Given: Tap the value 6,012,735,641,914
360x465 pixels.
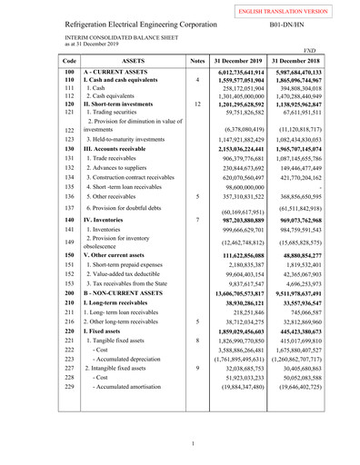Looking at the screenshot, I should tap(246, 71).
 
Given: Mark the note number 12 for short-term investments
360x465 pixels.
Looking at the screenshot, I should tap(197, 104).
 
